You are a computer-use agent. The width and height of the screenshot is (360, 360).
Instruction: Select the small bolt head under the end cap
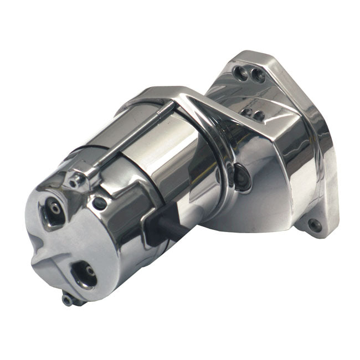tap(68, 300)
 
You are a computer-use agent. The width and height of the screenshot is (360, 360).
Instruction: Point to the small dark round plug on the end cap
tap(100, 203)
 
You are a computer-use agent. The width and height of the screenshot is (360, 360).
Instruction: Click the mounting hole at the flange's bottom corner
tap(314, 225)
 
